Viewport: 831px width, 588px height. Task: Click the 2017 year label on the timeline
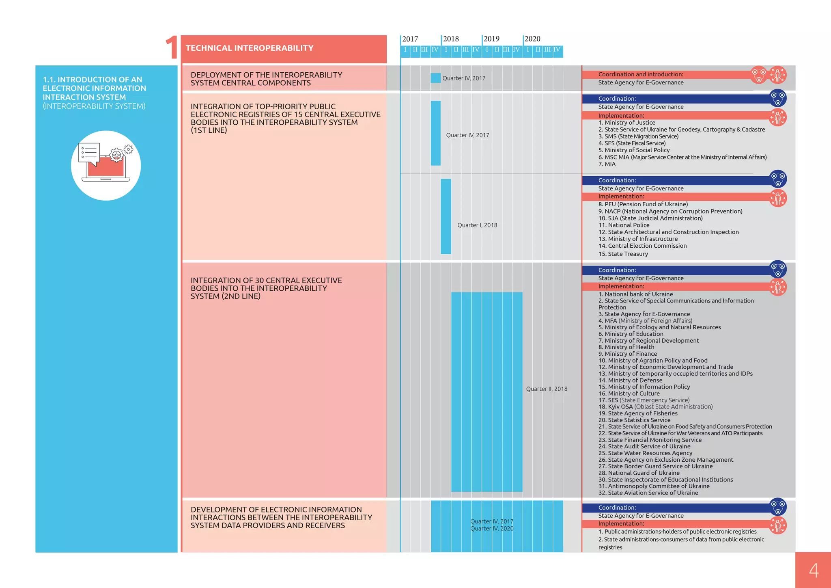(410, 39)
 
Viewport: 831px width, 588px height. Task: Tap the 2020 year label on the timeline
(532, 39)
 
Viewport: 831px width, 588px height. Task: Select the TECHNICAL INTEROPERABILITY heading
(250, 48)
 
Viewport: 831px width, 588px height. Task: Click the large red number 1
(172, 48)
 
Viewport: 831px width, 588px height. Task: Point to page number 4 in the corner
(814, 570)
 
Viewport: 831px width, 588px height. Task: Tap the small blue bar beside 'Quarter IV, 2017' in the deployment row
(435, 78)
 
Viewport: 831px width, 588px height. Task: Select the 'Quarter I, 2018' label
(477, 225)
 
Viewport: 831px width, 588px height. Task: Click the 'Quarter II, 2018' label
(547, 389)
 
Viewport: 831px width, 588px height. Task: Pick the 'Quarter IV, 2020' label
(492, 529)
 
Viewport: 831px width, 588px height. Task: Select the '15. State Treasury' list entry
(623, 254)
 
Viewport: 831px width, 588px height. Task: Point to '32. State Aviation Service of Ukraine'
(648, 493)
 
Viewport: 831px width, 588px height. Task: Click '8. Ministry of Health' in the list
(626, 347)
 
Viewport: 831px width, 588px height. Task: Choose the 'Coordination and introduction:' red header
(641, 75)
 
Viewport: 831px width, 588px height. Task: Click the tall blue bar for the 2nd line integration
(487, 392)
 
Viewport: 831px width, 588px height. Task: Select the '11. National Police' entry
(624, 225)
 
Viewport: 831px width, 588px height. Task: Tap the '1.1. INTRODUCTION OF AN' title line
(93, 80)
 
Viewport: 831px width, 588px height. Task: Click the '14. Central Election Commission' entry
(642, 246)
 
